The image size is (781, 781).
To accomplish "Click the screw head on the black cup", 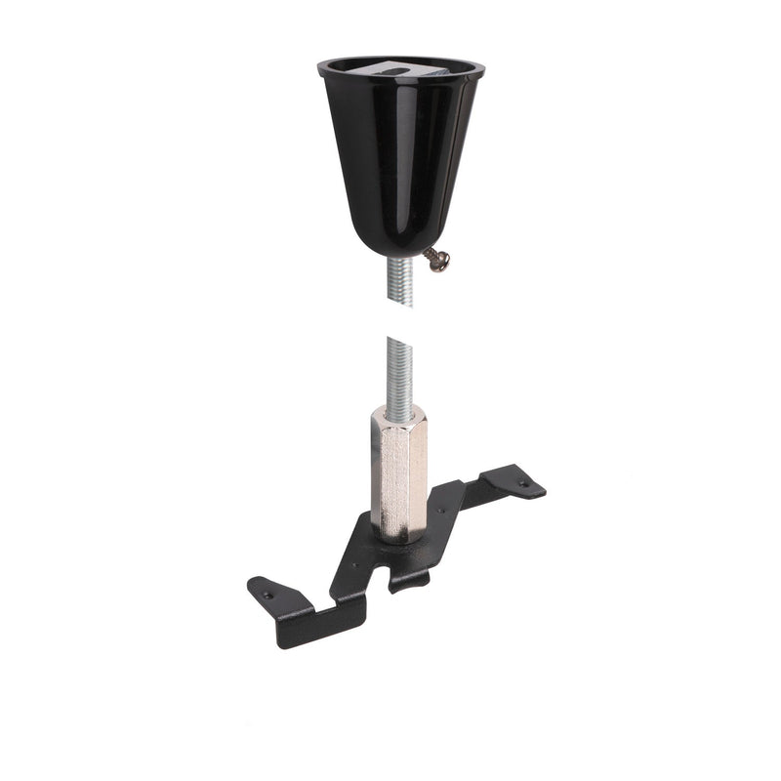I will pyautogui.click(x=441, y=262).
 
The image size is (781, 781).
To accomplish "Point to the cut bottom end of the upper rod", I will pyautogui.click(x=401, y=304).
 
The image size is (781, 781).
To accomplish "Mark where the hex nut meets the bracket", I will pyautogui.click(x=399, y=537).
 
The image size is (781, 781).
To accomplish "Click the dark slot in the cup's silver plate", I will pyautogui.click(x=390, y=69).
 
